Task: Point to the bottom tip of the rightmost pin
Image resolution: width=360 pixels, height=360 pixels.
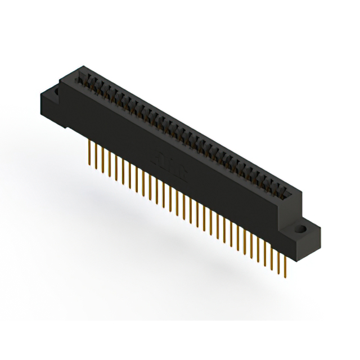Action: point(286,277)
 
